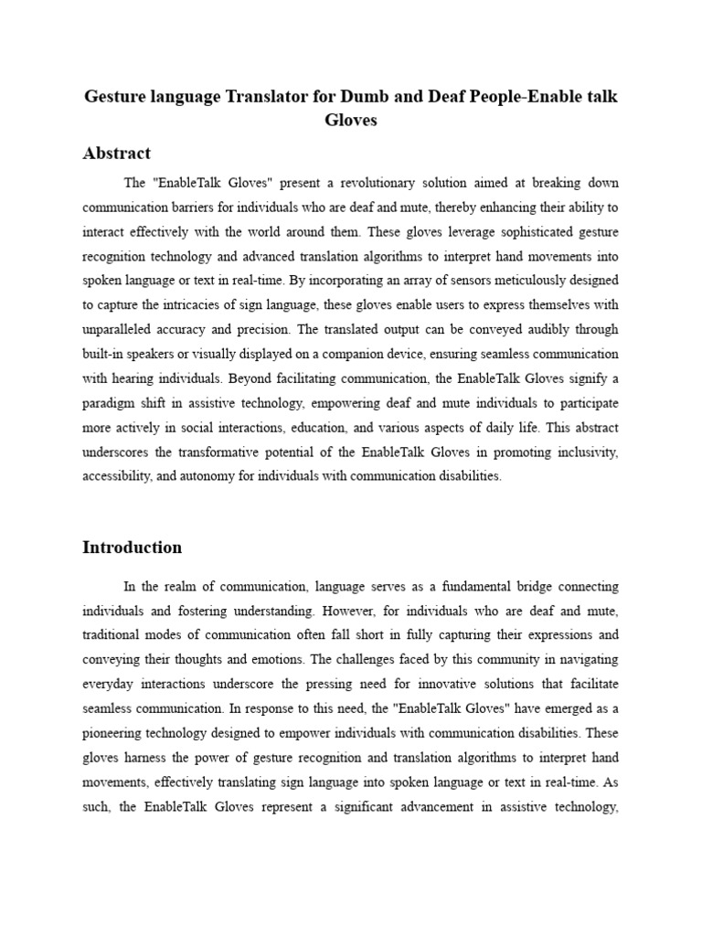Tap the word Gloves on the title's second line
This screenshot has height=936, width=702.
351,120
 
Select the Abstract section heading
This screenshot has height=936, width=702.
116,153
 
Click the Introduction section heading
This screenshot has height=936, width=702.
132,548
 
